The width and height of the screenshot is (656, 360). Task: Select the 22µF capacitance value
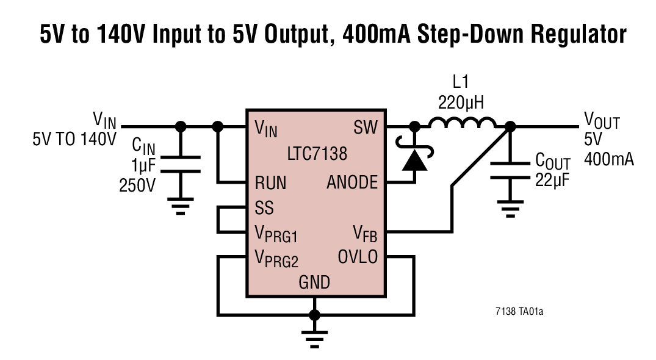click(x=552, y=180)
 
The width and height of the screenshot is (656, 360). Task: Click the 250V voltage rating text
click(x=137, y=185)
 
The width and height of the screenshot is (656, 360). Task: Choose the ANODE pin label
click(x=352, y=182)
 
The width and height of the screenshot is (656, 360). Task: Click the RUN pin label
click(x=270, y=182)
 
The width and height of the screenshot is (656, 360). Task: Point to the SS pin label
click(x=264, y=208)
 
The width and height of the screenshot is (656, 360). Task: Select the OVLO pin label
click(x=358, y=257)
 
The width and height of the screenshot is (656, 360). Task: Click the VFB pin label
click(x=366, y=233)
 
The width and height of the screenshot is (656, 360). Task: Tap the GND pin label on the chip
click(x=314, y=282)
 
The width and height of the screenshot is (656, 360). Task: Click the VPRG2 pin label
click(x=276, y=259)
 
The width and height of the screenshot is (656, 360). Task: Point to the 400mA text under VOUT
click(x=608, y=160)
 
